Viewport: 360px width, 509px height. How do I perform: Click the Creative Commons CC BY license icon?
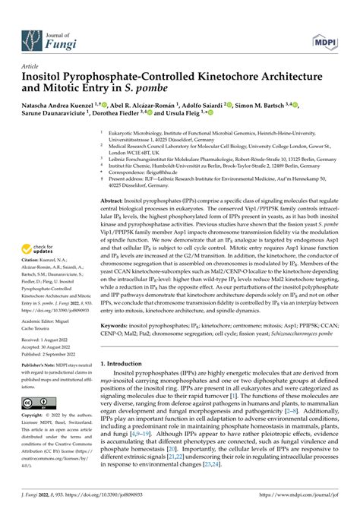[38, 403]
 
